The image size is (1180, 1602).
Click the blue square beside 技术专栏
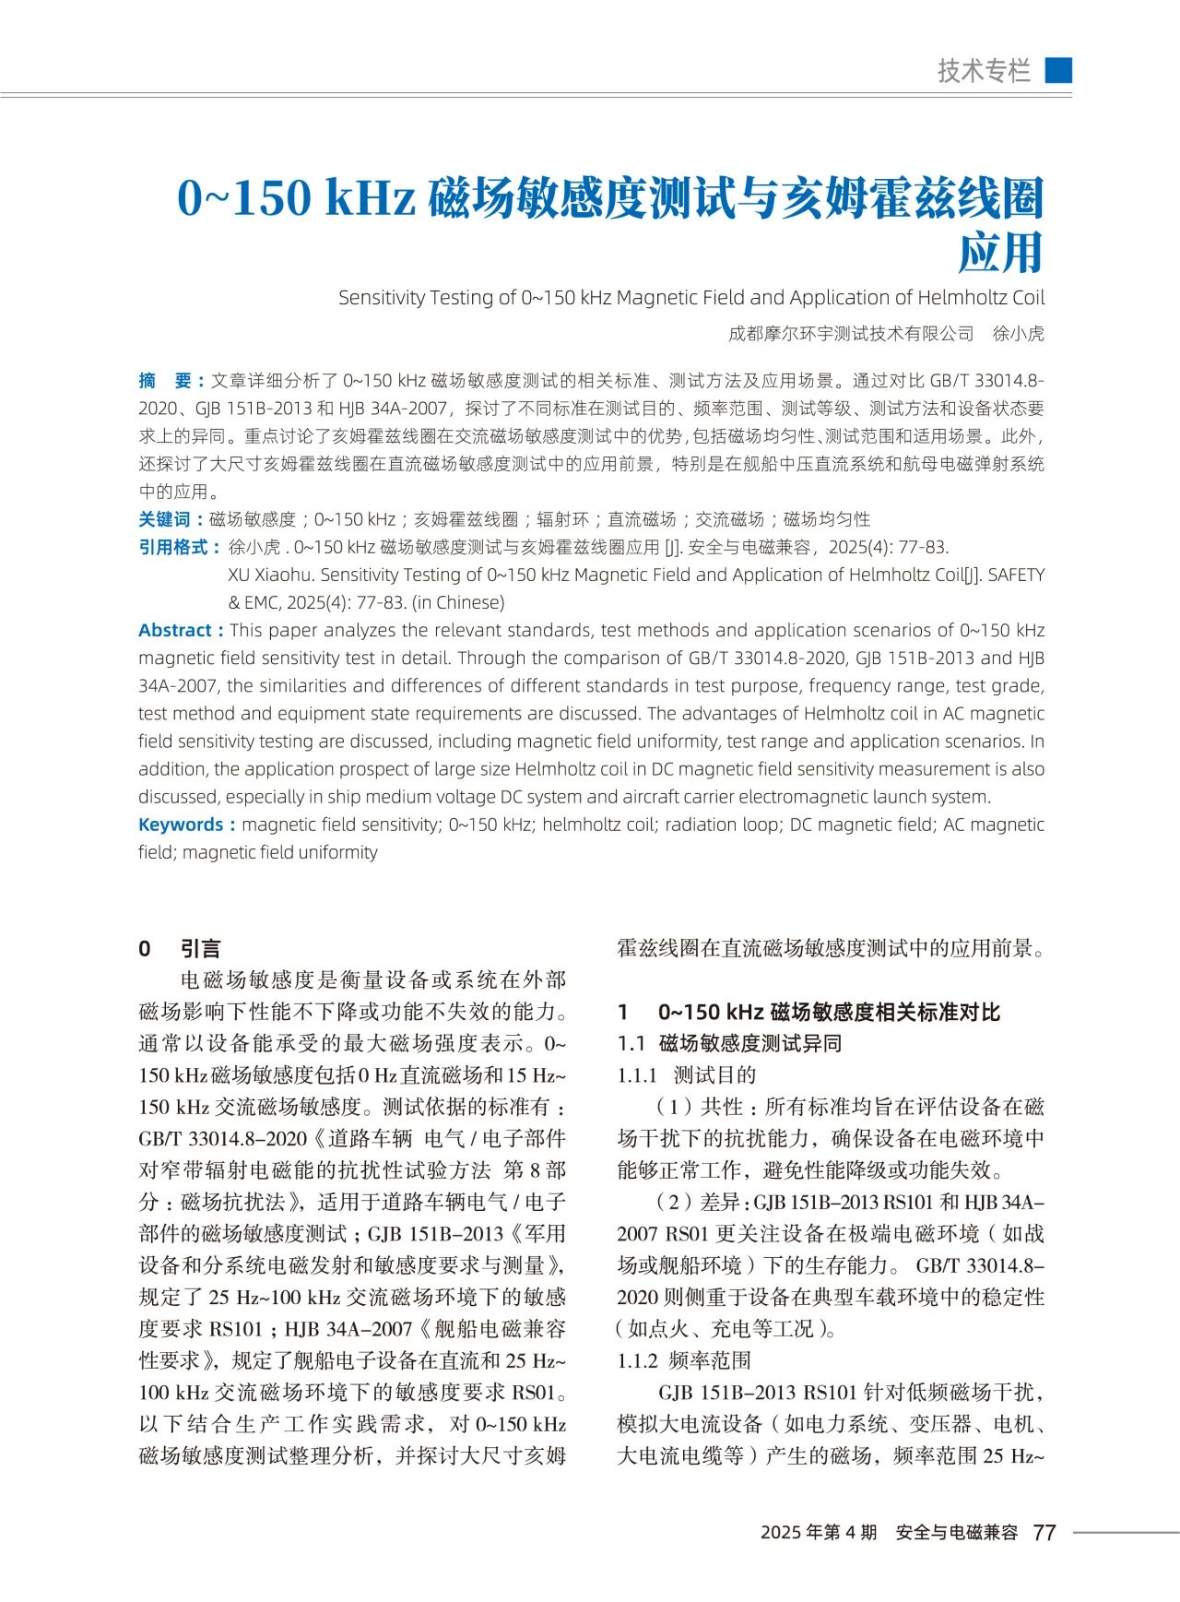point(1058,70)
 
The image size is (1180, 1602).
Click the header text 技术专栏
point(984,71)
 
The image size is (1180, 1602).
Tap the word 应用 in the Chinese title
point(1000,253)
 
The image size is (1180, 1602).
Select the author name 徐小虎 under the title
point(1018,334)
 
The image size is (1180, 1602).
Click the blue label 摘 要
point(165,381)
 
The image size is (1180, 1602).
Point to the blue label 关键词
point(165,519)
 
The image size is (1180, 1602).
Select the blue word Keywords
point(181,825)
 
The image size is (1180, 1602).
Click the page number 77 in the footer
point(1044,1532)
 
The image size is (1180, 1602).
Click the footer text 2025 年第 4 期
point(819,1532)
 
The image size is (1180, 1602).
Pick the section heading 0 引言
point(180,948)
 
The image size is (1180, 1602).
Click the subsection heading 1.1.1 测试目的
point(687,1074)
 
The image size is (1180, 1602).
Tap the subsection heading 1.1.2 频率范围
point(684,1360)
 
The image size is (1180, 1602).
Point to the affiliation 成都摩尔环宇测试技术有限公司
point(851,334)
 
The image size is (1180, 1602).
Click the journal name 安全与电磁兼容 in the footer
point(956,1532)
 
